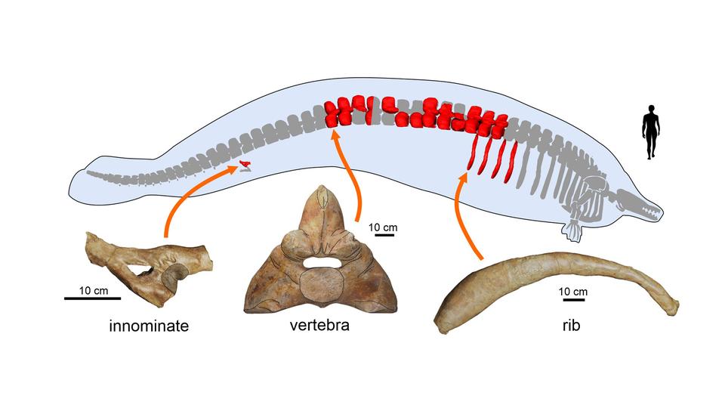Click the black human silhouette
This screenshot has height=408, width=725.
pyautogui.click(x=651, y=133)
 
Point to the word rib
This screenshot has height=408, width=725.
pyautogui.click(x=565, y=326)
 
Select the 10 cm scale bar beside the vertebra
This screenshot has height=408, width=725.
pyautogui.click(x=384, y=234)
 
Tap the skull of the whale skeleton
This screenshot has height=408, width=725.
pyautogui.click(x=634, y=200)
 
